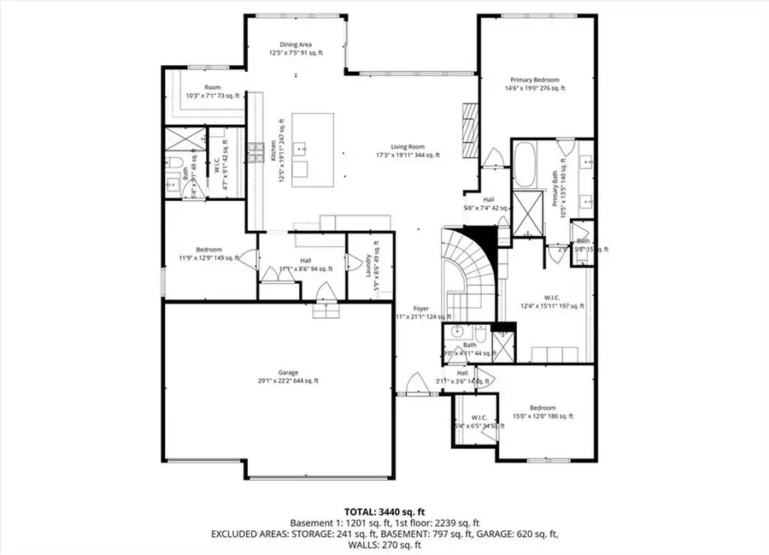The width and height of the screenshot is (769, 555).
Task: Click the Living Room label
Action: click(x=408, y=151)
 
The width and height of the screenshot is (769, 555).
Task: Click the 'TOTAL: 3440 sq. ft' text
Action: click(x=384, y=512)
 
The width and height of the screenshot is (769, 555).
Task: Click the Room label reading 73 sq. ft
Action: click(x=203, y=92)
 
